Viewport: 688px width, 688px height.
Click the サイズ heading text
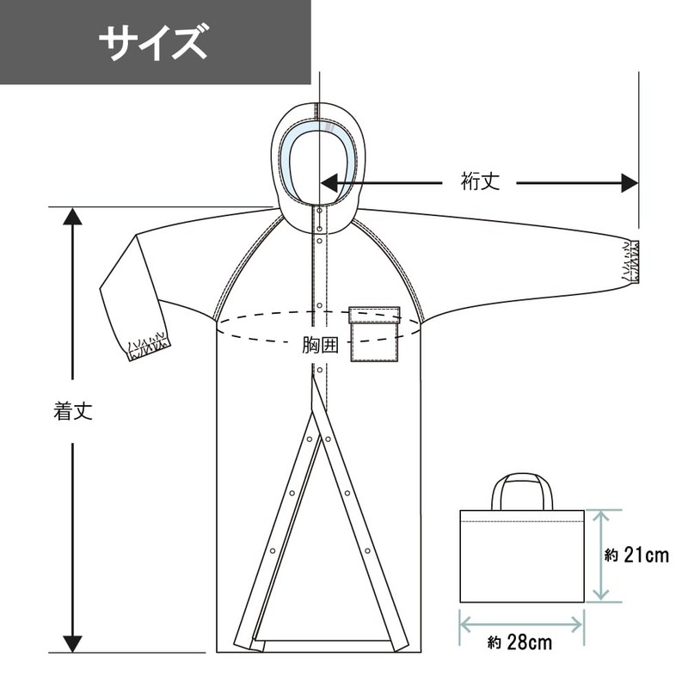pyautogui.click(x=153, y=41)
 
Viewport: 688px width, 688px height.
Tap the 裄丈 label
pyautogui.click(x=480, y=181)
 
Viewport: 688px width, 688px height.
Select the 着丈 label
pyautogui.click(x=73, y=411)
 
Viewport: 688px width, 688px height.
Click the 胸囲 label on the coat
pyautogui.click(x=320, y=346)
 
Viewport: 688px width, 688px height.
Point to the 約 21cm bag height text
pyautogui.click(x=636, y=556)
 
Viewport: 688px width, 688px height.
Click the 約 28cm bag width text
pyautogui.click(x=519, y=642)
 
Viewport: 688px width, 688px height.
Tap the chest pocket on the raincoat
pyautogui.click(x=374, y=334)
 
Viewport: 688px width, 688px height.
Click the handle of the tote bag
pyautogui.click(x=522, y=491)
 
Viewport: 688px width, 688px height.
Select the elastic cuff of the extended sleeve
pyautogui.click(x=630, y=261)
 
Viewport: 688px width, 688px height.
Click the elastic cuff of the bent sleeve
pyautogui.click(x=148, y=347)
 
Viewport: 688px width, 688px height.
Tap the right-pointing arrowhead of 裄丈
pyautogui.click(x=630, y=183)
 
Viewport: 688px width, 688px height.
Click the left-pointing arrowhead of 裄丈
pyautogui.click(x=329, y=183)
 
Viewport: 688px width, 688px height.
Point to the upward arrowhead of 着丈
pyautogui.click(x=72, y=217)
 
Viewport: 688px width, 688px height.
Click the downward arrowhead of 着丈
pyautogui.click(x=72, y=644)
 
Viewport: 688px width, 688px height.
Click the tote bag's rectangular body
pyautogui.click(x=522, y=556)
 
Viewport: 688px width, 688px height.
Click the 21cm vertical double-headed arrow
pyautogui.click(x=601, y=556)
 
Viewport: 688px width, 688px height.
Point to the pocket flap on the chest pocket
pyautogui.click(x=374, y=315)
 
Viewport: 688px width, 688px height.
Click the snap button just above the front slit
pyautogui.click(x=320, y=370)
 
